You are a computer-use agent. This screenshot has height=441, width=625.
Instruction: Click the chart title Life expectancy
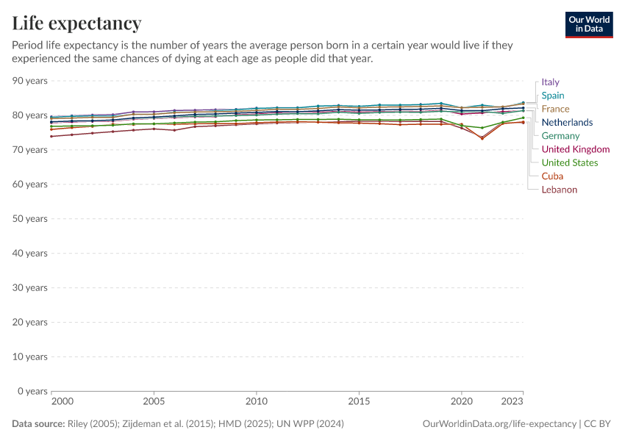point(76,24)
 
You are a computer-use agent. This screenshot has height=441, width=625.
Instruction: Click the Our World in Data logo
point(589,24)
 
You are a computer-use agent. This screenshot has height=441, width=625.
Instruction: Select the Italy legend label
point(550,82)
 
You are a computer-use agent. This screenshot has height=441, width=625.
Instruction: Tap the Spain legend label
point(553,96)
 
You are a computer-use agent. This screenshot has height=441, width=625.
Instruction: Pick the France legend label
point(555,109)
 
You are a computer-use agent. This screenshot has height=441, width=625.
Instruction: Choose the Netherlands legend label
point(567,122)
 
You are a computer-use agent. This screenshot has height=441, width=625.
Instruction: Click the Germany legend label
point(560,136)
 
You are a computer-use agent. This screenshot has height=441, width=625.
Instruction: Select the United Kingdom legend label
point(575,149)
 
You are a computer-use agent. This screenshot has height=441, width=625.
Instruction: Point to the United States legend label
point(569,162)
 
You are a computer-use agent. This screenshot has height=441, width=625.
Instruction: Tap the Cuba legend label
point(552,176)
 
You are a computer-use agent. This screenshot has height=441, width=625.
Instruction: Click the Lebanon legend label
point(559,190)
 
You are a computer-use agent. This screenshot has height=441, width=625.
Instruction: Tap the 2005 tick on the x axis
point(154,402)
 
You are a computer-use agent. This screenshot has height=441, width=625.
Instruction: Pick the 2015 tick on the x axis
point(359,402)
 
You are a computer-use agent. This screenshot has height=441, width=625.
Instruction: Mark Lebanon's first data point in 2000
point(51,136)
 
